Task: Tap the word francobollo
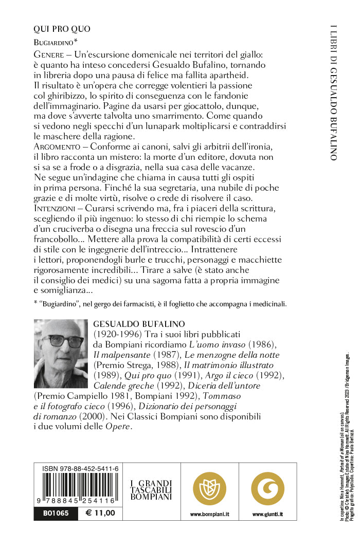(x=68, y=241)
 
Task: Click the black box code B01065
(x=49, y=513)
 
